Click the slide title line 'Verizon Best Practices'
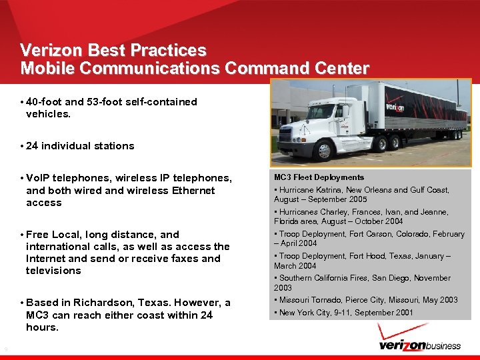(113, 51)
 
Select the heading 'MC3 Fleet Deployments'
(319, 178)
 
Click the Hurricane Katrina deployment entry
(361, 195)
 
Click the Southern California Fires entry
(364, 283)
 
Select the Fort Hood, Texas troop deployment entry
(364, 261)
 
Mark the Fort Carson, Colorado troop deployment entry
(369, 239)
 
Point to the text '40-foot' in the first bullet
(44, 102)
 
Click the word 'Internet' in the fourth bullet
(47, 259)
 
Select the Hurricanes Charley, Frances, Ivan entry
(361, 217)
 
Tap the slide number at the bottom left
(5, 349)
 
